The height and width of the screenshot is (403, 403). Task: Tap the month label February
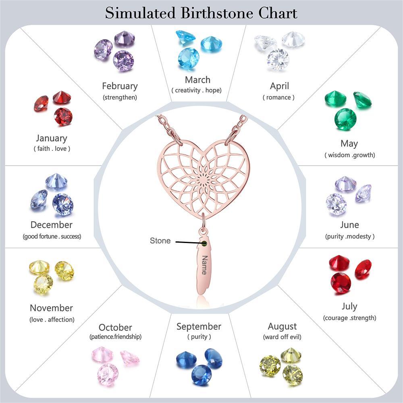pos(120,86)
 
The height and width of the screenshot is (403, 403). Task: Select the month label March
pos(197,80)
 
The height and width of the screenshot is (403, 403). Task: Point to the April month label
pos(279,86)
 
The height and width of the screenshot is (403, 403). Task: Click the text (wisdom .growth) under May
pos(350,155)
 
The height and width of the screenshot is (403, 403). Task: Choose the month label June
pos(349,225)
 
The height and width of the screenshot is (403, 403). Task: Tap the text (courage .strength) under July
pos(349,318)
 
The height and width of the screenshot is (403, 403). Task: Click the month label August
pos(282,326)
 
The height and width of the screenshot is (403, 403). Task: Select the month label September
pos(199,326)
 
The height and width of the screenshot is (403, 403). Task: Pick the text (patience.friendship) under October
pos(115,337)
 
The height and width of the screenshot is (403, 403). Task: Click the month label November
pos(51,308)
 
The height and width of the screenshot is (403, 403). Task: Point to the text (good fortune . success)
pos(52,237)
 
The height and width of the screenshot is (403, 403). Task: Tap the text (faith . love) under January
pos(52,149)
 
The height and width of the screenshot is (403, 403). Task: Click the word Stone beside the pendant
pos(160,241)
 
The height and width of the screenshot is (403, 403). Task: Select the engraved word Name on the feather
pos(204,265)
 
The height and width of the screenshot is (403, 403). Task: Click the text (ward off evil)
pos(282,337)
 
